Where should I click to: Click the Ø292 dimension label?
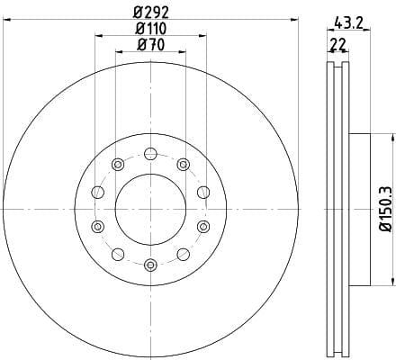[151, 13]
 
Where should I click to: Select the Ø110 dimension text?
[151, 29]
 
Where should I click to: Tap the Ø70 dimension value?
[151, 45]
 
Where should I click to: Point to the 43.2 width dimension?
[348, 22]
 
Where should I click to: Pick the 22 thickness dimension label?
[338, 45]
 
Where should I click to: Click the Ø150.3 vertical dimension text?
[386, 209]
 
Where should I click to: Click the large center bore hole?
[150, 209]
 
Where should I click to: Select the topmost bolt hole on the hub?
[150, 154]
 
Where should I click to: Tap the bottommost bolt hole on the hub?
[150, 265]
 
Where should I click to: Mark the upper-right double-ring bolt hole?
[184, 164]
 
